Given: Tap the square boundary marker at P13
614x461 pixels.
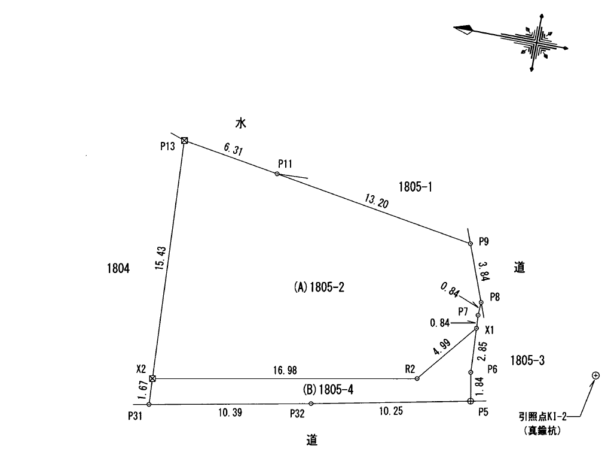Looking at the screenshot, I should (185, 141).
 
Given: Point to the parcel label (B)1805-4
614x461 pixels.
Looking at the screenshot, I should (328, 390).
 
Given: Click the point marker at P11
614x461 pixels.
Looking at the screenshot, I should (277, 174).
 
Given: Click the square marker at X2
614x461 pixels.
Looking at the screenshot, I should (152, 378).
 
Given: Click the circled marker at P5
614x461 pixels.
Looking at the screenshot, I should (470, 401).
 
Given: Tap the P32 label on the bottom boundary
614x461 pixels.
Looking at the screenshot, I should (298, 413).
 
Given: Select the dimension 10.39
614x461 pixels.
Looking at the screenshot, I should (229, 413).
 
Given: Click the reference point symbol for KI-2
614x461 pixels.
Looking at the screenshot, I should (595, 375).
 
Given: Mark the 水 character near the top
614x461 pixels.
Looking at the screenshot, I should (241, 124).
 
